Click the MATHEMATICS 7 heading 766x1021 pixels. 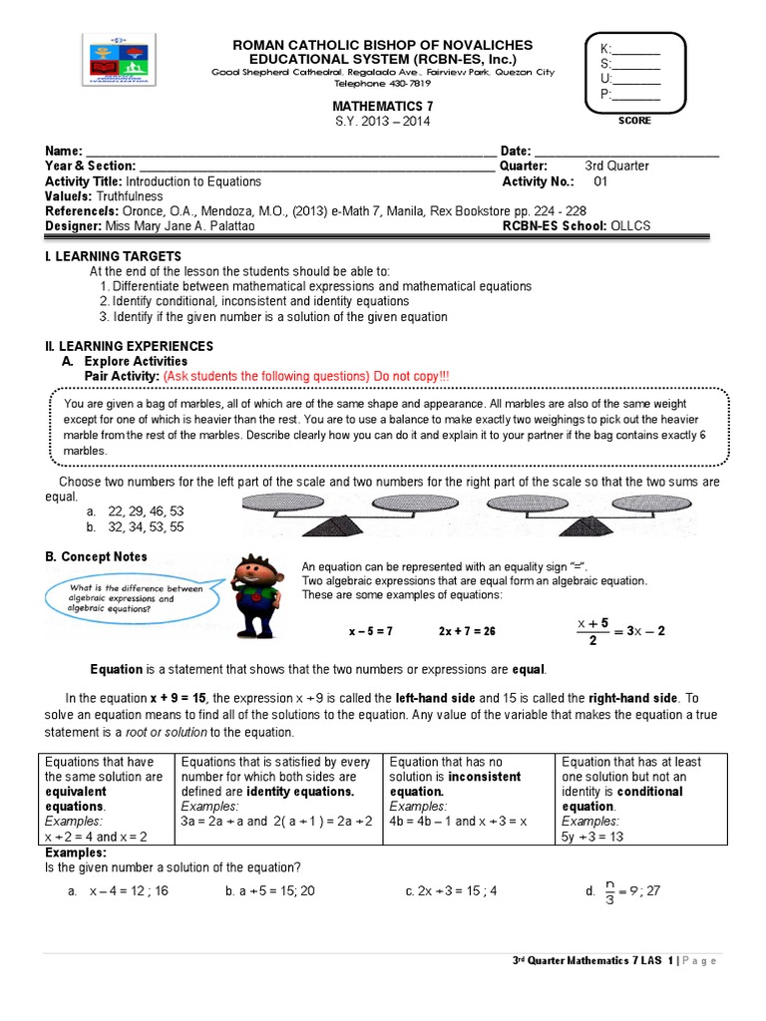(x=383, y=105)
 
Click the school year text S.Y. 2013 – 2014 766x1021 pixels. (x=383, y=122)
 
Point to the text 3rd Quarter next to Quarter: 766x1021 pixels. (x=616, y=166)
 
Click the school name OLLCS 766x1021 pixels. (x=629, y=225)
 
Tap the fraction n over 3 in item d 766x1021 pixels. (x=609, y=890)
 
